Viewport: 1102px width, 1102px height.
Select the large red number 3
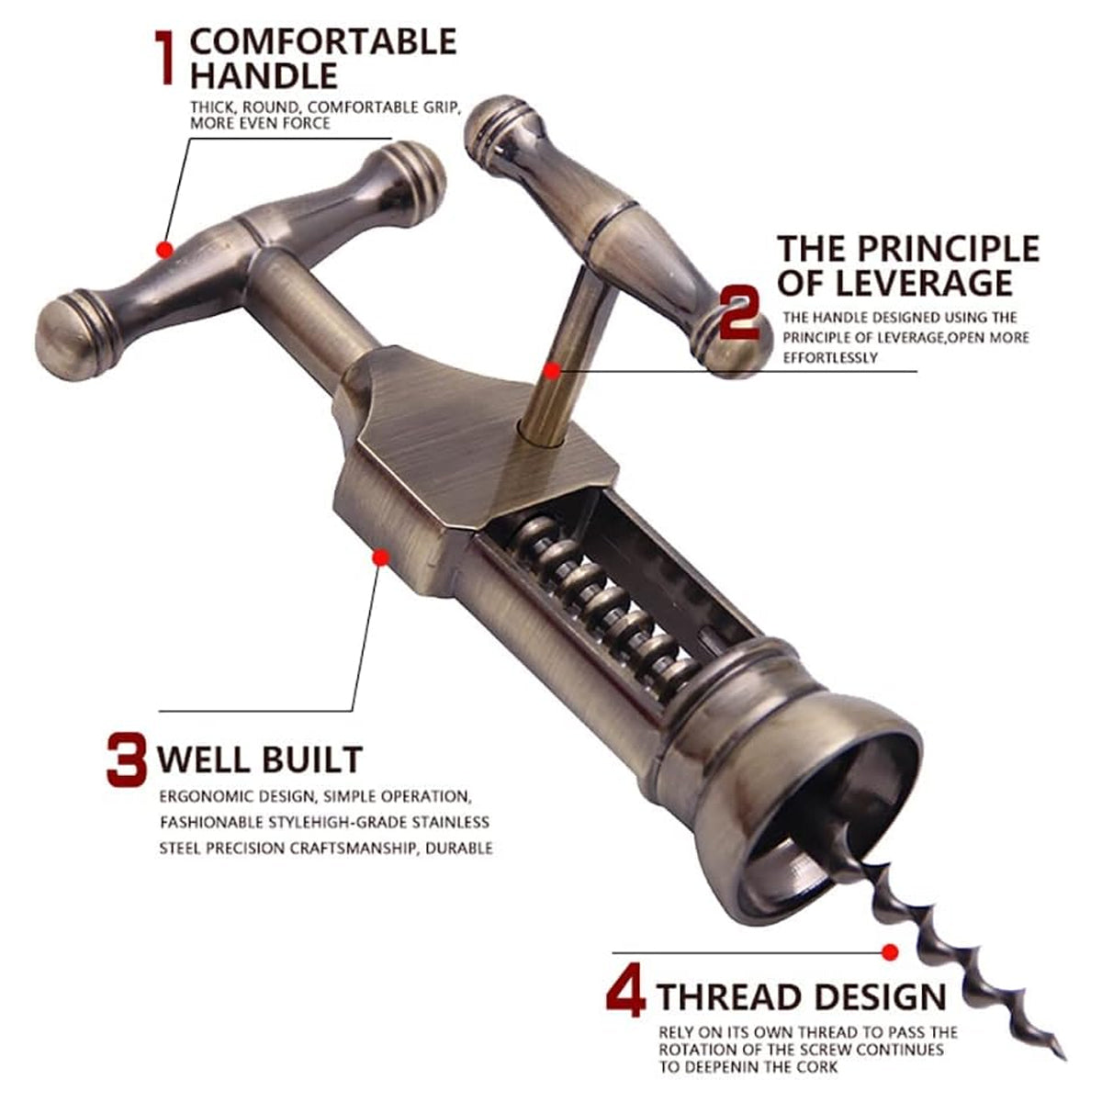[127, 759]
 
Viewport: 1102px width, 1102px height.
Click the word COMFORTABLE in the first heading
[323, 41]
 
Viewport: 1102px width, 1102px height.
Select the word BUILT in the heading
[313, 759]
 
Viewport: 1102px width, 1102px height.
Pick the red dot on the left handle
[164, 250]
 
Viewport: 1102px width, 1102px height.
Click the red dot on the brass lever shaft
[551, 372]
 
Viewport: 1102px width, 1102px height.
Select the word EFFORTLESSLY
[830, 358]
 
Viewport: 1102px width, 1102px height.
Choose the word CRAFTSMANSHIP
[354, 849]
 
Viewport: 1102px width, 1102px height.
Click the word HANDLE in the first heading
[264, 75]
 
